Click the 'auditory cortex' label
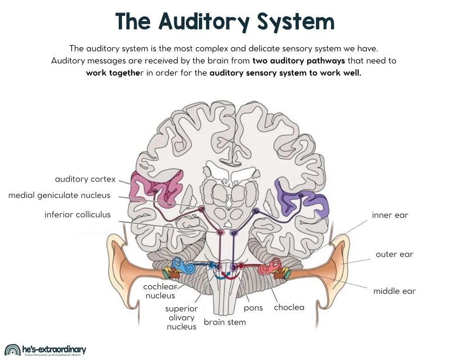coord(85,179)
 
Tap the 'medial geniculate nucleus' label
coord(59,195)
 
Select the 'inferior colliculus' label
coord(77,214)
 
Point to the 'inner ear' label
coord(390,215)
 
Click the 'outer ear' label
coord(394,254)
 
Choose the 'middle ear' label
coord(394,291)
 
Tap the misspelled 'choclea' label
coord(289,307)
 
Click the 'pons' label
coord(253,308)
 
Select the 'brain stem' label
coord(225,322)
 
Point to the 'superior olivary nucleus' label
coord(181,318)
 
